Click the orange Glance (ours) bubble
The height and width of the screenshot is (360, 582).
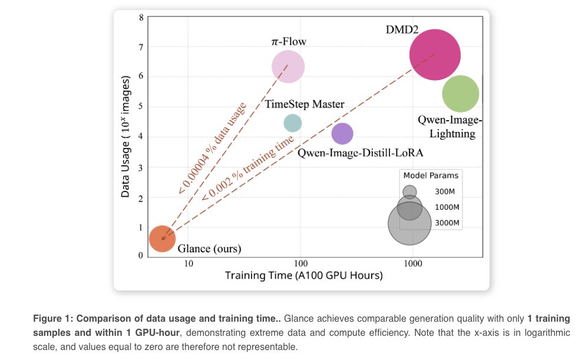(162, 239)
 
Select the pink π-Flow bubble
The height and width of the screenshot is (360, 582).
(288, 66)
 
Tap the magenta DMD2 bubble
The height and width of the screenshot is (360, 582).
(435, 55)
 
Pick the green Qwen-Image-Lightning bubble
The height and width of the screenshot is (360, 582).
(461, 93)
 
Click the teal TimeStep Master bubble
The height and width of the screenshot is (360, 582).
(293, 123)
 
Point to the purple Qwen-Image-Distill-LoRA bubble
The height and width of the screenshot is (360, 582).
(342, 134)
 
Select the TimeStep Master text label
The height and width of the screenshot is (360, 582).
(305, 104)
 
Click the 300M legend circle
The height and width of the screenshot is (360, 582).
(409, 191)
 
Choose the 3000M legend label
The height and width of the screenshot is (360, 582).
(447, 223)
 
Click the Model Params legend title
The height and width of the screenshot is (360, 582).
(431, 175)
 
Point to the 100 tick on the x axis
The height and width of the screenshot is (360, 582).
(300, 263)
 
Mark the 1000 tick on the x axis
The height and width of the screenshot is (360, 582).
(412, 263)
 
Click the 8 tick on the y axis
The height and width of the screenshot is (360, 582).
(141, 17)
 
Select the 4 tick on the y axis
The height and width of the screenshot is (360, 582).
(141, 137)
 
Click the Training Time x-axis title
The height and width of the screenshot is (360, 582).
(304, 275)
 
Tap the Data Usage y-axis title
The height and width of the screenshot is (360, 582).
(125, 137)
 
